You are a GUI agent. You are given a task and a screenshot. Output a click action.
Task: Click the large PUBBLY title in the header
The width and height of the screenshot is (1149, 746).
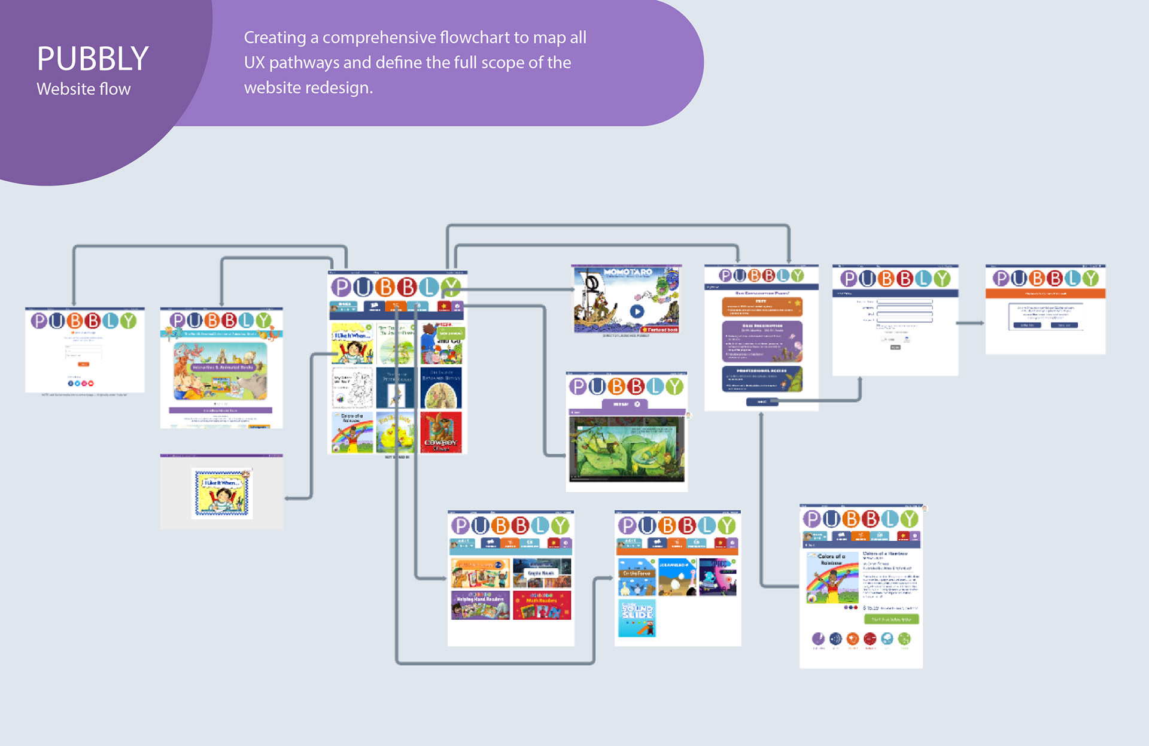(93, 59)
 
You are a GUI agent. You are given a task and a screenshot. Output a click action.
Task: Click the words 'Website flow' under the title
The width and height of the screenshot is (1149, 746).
(84, 89)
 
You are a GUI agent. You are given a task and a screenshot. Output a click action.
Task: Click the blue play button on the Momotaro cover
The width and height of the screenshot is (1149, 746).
(637, 311)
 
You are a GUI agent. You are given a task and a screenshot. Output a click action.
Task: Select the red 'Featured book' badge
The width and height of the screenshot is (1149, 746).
(660, 330)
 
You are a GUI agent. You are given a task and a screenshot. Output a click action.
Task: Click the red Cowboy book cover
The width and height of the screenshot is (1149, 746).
(441, 433)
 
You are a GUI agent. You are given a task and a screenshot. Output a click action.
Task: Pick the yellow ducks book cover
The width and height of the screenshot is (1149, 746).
(396, 433)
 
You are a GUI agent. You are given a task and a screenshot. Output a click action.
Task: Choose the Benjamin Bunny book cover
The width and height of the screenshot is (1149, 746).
(441, 388)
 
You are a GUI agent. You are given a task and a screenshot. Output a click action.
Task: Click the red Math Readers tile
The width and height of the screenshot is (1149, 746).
(542, 605)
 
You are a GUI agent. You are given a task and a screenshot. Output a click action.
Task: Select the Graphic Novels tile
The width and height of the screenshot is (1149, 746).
(542, 573)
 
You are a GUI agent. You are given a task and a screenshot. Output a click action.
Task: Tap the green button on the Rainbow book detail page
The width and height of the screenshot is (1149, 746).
(891, 619)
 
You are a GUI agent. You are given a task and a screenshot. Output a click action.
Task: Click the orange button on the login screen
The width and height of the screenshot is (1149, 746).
(84, 364)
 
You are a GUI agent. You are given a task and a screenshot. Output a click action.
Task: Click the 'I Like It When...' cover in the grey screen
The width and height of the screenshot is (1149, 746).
(222, 493)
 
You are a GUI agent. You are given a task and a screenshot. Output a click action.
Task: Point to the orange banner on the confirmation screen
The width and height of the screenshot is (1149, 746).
(1045, 294)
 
